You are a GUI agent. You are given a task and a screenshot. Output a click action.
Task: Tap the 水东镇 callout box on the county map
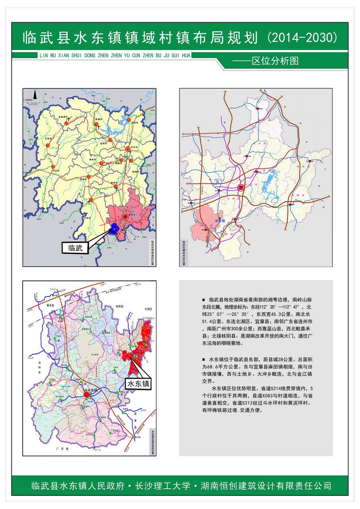139,383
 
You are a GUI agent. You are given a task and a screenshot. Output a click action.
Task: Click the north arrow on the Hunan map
35,95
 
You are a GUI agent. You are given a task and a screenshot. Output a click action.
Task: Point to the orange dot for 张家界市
67,123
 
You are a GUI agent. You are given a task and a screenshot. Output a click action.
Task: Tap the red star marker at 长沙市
127,148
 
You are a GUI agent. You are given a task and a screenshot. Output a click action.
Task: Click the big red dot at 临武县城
92,394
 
